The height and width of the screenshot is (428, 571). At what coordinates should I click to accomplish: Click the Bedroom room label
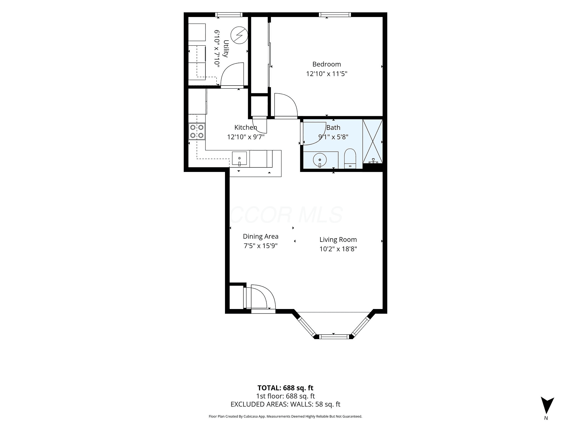click(x=326, y=64)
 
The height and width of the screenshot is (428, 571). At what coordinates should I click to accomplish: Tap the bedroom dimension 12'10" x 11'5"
click(x=326, y=74)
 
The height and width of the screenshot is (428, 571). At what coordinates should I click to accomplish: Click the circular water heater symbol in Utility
click(x=240, y=35)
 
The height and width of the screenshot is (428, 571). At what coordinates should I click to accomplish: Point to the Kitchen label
click(x=246, y=127)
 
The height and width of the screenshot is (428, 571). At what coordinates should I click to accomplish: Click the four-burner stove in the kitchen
click(x=197, y=131)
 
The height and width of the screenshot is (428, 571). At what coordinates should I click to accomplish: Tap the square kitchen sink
click(x=239, y=158)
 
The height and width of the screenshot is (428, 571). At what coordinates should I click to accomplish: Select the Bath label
click(x=333, y=128)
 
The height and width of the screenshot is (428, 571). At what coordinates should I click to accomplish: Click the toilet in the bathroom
click(x=350, y=159)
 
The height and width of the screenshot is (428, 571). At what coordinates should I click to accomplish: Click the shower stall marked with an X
click(x=372, y=141)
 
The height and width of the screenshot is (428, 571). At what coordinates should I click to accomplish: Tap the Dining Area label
click(x=260, y=237)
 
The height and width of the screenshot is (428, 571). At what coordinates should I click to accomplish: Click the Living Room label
click(x=338, y=240)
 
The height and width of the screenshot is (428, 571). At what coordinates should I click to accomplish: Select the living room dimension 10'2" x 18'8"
click(x=338, y=249)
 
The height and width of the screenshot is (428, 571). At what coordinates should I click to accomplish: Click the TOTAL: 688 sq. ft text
click(x=285, y=388)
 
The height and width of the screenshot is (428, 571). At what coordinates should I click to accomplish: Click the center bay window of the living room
click(x=334, y=337)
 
